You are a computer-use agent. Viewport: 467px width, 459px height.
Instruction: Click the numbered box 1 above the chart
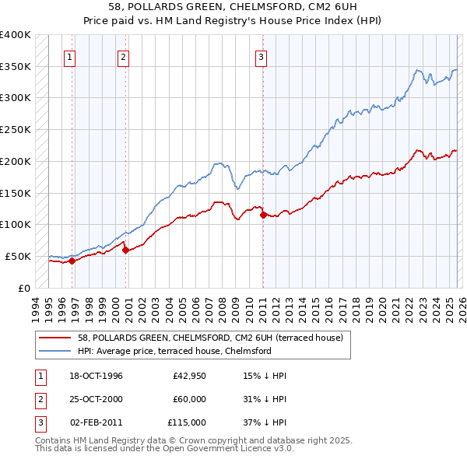click(x=71, y=56)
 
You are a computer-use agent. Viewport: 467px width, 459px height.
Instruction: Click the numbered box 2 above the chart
click(x=124, y=56)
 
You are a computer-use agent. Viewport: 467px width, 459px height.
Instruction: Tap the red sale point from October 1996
click(x=72, y=261)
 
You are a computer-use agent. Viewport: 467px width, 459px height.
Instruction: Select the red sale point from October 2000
click(x=125, y=250)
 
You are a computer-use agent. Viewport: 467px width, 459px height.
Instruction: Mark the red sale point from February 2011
click(x=262, y=215)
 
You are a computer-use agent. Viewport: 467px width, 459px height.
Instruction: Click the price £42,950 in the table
click(x=189, y=376)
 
